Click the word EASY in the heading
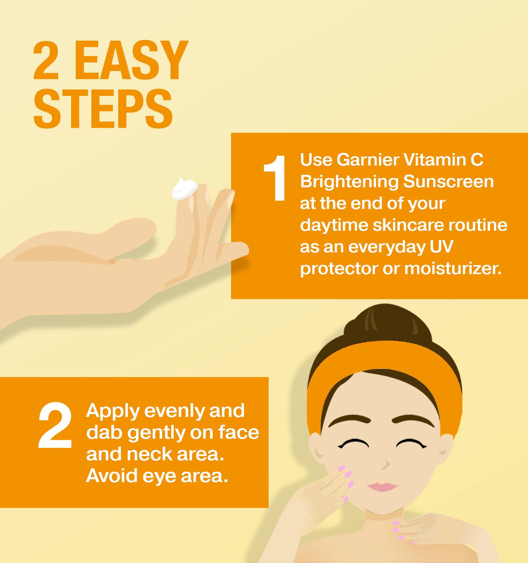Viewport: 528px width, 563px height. click(x=131, y=60)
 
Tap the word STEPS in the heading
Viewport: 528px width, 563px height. click(x=103, y=109)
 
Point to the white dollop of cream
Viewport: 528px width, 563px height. click(x=184, y=189)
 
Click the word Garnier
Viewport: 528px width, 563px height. click(x=368, y=160)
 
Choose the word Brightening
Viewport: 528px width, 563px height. click(x=349, y=182)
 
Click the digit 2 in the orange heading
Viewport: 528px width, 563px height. click(x=46, y=60)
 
